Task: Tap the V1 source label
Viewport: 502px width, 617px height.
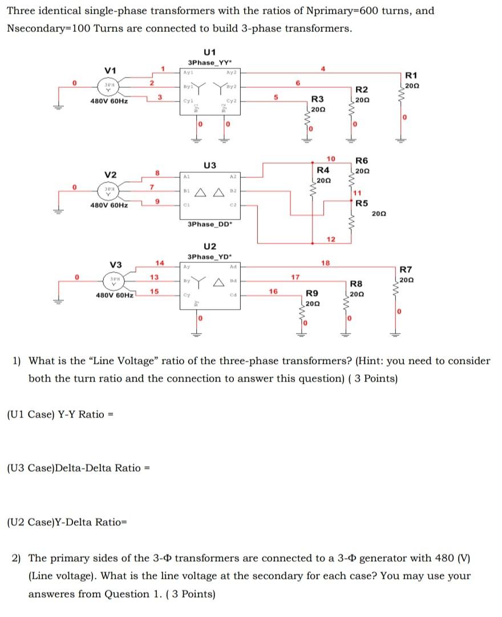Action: pos(111,70)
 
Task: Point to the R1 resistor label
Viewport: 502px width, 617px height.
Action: pos(412,75)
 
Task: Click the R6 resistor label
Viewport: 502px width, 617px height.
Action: pos(362,161)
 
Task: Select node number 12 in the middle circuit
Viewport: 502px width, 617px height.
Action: pos(331,238)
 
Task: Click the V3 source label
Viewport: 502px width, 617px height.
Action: pos(116,265)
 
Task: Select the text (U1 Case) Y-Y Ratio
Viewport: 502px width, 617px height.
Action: pos(55,414)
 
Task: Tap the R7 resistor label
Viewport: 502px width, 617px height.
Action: pos(407,270)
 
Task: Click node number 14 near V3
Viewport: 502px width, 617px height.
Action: pos(160,262)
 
